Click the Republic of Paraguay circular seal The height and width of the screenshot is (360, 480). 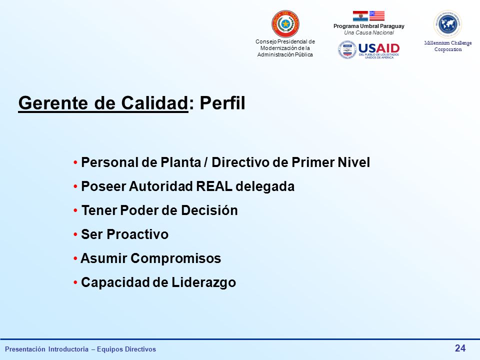tap(285, 24)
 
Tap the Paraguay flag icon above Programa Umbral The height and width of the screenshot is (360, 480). tap(360, 16)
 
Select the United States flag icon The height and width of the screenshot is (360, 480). tap(377, 16)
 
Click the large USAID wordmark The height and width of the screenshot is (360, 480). tap(379, 48)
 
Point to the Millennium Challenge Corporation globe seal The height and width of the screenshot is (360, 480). tap(448, 24)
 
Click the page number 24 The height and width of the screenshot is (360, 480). tap(460, 348)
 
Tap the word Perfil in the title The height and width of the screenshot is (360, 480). tap(222, 103)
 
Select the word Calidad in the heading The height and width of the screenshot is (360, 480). tap(154, 103)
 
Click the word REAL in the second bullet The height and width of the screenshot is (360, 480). tap(214, 186)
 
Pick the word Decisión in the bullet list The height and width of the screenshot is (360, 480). tap(209, 210)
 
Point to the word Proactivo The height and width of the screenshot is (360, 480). tap(137, 234)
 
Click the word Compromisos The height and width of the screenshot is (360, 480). tap(175, 258)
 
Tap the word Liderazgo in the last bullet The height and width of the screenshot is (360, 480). tap(203, 282)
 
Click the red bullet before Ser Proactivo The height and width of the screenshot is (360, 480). tap(75, 235)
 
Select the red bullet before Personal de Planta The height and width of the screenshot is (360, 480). tap(75, 162)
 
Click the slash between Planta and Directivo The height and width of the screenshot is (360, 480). tap(206, 162)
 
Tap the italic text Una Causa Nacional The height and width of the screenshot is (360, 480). tap(369, 33)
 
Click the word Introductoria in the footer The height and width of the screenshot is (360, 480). tap(68, 349)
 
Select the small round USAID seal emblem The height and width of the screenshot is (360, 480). tap(347, 50)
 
